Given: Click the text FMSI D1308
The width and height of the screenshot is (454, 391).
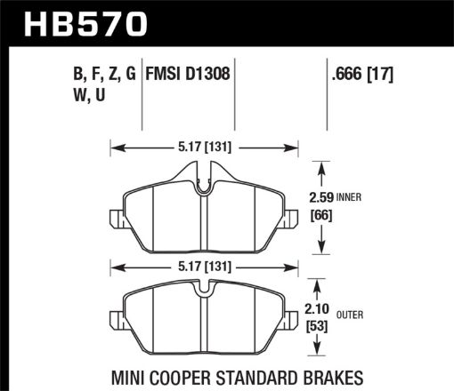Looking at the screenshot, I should (x=190, y=76).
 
